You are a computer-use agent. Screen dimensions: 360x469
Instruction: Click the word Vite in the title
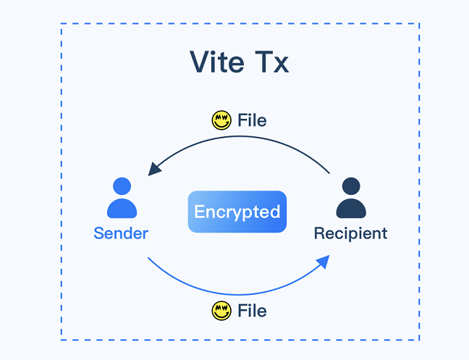point(216,62)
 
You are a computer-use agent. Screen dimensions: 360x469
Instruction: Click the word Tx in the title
point(270,62)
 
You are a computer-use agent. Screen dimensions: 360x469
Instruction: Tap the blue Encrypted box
point(237,212)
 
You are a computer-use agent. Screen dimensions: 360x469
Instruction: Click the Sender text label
point(121,233)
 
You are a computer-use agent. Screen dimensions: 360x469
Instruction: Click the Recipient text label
point(350,233)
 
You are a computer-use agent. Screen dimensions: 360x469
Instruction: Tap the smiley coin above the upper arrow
point(221,120)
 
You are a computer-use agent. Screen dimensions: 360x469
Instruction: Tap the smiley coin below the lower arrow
point(221,311)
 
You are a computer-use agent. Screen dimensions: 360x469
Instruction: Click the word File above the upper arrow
point(252,120)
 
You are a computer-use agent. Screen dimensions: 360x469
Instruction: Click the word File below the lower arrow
point(252,311)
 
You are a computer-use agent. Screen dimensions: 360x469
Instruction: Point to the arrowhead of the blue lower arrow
point(324,260)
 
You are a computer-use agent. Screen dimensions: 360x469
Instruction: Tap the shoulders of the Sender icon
point(122,209)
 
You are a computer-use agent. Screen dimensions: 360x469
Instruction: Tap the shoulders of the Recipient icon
point(351,209)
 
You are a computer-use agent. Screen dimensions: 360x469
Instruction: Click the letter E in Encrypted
point(200,212)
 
